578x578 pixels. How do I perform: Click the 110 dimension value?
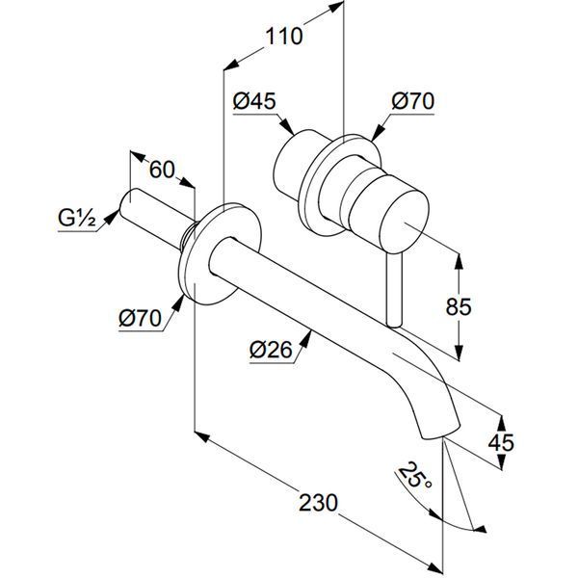284,37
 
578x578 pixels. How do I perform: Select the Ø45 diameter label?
254,100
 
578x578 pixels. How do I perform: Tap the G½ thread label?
77,219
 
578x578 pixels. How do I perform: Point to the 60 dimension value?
162,170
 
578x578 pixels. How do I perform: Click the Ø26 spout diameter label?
271,350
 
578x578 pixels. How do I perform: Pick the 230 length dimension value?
318,503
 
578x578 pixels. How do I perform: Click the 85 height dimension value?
459,306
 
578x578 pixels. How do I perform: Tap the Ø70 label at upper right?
413,100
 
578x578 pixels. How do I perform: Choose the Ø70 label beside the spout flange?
140,317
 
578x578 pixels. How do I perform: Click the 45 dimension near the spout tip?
501,442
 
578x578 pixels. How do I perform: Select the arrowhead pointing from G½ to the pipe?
112,217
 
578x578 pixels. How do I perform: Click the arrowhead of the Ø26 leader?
305,338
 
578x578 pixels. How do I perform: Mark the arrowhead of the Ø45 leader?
287,126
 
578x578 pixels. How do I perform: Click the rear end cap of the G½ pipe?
127,202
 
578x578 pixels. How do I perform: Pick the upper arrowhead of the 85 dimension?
459,261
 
